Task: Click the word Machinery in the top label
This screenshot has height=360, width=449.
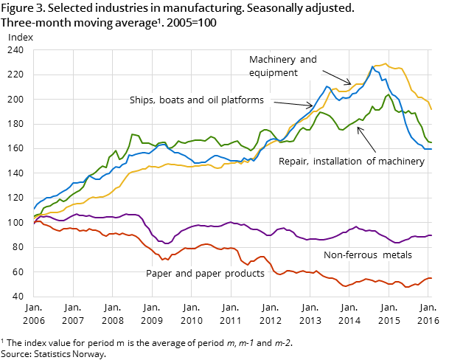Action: click(271, 60)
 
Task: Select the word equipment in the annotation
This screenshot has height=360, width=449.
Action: click(273, 73)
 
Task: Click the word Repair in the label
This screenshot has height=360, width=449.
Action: click(293, 161)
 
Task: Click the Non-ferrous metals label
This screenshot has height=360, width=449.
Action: click(367, 255)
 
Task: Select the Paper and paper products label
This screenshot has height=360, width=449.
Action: click(205, 274)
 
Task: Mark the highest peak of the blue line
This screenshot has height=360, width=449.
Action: click(372, 66)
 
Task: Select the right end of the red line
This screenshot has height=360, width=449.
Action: click(431, 278)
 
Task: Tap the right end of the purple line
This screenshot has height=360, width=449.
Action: click(431, 235)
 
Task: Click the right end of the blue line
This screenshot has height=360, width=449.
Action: click(431, 149)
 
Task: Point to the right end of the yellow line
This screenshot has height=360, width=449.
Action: click(431, 108)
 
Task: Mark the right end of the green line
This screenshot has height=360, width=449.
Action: click(431, 142)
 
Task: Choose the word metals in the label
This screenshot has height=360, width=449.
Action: click(395, 255)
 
